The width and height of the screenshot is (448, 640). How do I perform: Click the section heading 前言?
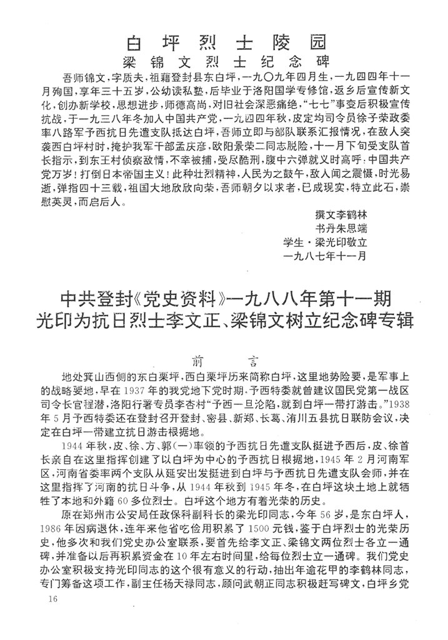coord(225,361)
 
